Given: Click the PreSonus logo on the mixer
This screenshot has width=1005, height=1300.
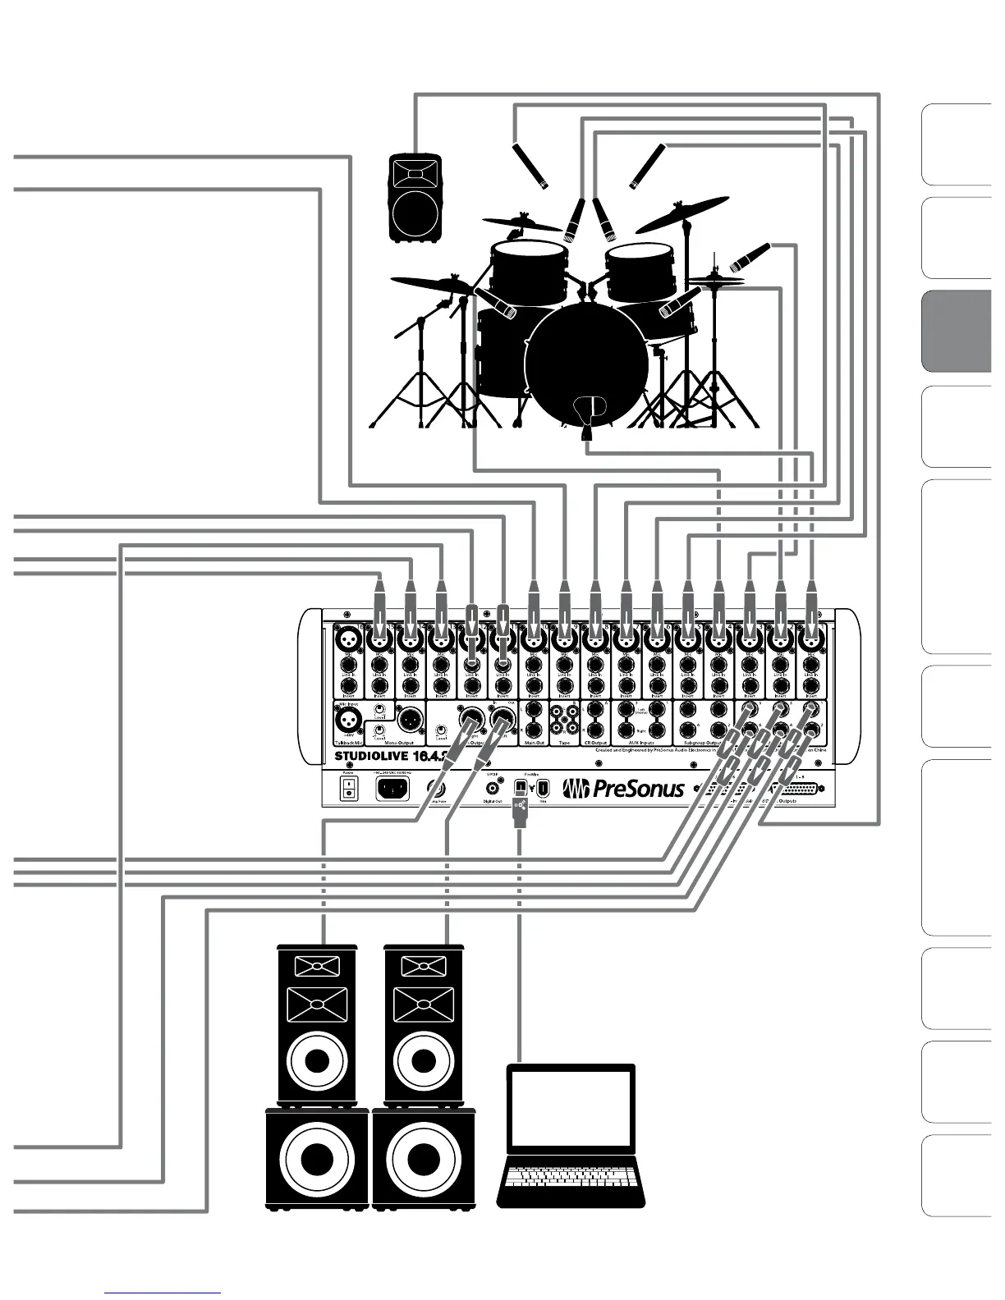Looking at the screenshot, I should click(x=623, y=789).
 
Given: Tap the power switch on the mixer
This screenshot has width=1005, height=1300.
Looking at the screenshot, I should click(x=349, y=789).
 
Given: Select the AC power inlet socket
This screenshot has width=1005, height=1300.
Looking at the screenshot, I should click(x=392, y=789).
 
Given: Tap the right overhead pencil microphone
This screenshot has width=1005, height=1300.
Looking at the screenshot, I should click(x=648, y=166).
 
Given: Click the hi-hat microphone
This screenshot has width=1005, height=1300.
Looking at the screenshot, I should click(x=750, y=257).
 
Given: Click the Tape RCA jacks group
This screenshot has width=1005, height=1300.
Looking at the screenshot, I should click(x=564, y=721).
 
